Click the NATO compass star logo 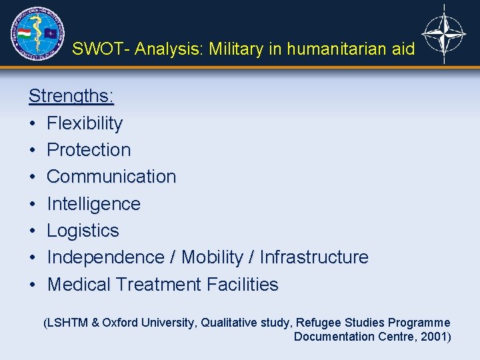click(444, 33)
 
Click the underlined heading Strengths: click(71, 96)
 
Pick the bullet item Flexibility click(85, 123)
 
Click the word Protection click(89, 150)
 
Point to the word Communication click(111, 177)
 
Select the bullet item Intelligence click(93, 203)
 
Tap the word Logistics click(83, 231)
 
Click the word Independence click(105, 257)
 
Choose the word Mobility click(212, 257)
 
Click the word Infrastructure click(313, 257)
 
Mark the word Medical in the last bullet click(79, 285)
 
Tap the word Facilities click(242, 285)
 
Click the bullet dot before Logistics click(32, 231)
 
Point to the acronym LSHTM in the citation click(66, 323)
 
